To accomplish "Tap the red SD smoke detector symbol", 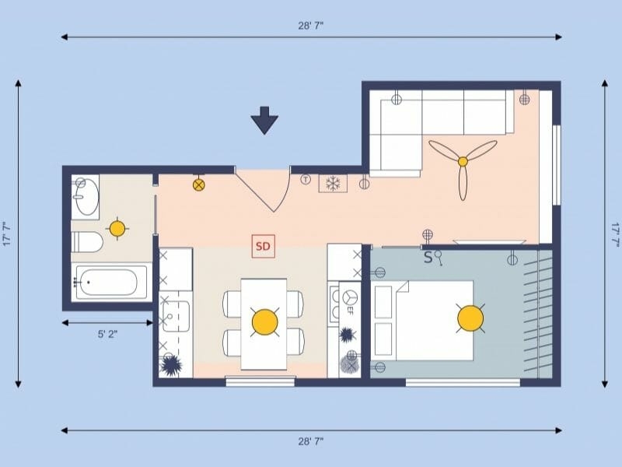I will pos(264,247).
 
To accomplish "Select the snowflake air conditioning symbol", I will pos(334,184).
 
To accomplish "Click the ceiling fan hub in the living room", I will pos(463,161).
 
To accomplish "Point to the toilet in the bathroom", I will pos(86,241).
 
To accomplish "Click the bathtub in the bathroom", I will pos(110,283).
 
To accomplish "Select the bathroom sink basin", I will pos(86,197).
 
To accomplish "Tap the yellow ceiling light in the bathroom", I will pos(117,229).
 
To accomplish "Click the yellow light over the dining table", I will pos(264,321).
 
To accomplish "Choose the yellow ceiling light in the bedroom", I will pos(470,318).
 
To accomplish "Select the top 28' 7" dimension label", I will pos(310,25).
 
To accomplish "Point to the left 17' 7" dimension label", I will pos(6,233).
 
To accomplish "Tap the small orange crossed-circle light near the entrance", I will pos(199,184).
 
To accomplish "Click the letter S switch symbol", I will pos(428,258).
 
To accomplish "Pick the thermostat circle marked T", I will pos(306,180).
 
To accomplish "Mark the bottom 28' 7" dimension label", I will pos(310,441).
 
